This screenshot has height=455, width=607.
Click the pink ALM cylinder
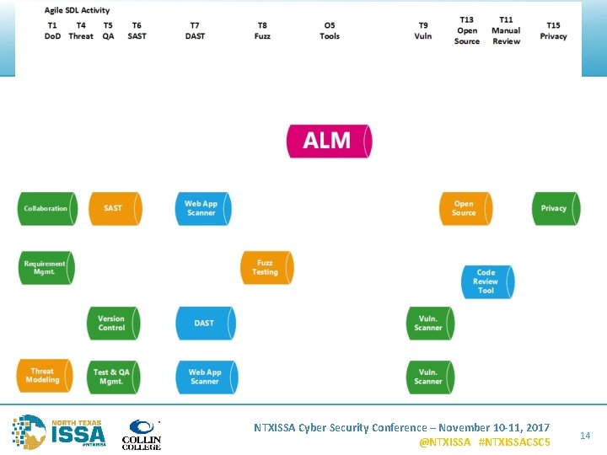click(329, 141)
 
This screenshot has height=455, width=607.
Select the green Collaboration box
click(46, 209)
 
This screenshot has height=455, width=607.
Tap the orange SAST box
click(114, 209)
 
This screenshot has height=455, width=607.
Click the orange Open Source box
click(465, 209)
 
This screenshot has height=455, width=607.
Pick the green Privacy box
click(555, 209)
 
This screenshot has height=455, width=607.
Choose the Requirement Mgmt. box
click(46, 268)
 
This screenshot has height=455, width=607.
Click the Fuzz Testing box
click(266, 268)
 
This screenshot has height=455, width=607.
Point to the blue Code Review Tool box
click(486, 281)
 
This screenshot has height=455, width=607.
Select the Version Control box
click(112, 324)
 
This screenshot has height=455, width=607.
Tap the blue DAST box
click(205, 324)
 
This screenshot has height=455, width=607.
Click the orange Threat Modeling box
click(44, 376)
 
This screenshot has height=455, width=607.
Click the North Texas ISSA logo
click(59, 431)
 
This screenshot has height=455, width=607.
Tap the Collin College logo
click(142, 433)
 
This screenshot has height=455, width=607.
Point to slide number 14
click(585, 435)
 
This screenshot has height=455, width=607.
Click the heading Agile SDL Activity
click(77, 10)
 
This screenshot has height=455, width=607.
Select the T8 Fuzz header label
click(262, 31)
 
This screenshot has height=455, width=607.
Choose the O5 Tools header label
click(330, 31)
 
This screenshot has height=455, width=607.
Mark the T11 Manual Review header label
click(506, 30)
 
